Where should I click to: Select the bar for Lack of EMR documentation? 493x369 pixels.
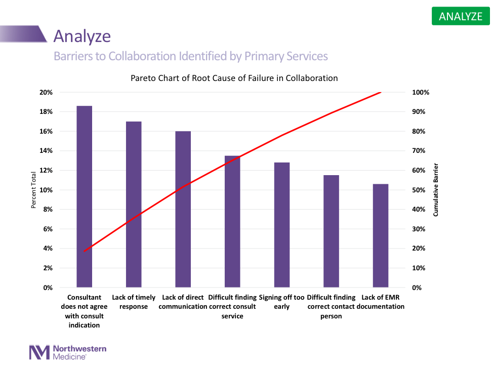[381, 236]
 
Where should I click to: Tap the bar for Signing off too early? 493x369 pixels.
[282, 225]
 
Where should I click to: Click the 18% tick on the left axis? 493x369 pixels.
[46, 112]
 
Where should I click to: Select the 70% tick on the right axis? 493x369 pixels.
[421, 151]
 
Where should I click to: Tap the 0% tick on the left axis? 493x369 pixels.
[48, 288]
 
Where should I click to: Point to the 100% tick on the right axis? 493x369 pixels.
[421, 93]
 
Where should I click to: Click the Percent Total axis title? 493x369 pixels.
[34, 190]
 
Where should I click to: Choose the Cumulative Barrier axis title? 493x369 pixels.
[435, 190]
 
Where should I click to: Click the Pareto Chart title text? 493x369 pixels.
[234, 78]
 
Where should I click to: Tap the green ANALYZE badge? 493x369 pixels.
[461, 16]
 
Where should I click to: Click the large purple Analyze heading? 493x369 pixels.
[82, 36]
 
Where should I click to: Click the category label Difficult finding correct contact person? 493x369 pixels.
[332, 307]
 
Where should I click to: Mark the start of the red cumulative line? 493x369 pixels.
[85, 252]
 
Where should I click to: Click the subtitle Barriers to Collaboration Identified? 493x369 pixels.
[191, 56]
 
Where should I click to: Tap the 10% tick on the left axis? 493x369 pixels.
[46, 190]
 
